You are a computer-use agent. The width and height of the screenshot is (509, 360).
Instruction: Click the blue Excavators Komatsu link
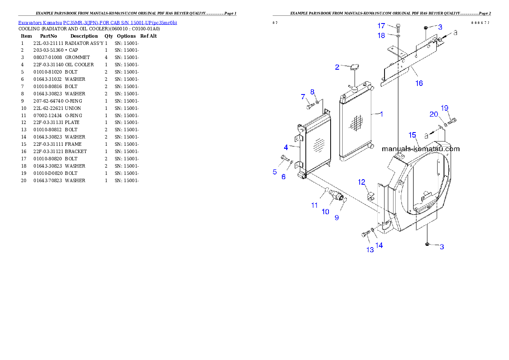[x=98, y=22]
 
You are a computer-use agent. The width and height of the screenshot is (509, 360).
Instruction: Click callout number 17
[x=381, y=26]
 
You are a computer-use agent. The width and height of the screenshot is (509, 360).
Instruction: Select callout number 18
[x=381, y=35]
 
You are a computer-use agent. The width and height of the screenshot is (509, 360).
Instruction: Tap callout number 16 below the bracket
[x=419, y=83]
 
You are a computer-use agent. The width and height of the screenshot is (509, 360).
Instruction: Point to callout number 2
[x=337, y=67]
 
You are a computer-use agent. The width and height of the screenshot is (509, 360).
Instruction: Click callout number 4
[x=286, y=147]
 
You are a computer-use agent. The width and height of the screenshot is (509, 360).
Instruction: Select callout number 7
[x=302, y=97]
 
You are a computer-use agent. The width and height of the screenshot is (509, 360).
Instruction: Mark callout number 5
[x=275, y=172]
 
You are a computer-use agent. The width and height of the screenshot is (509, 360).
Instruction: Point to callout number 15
[x=412, y=135]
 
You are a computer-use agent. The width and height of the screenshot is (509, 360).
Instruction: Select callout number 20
[x=434, y=114]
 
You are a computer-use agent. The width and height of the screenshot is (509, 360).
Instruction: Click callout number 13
[x=370, y=250]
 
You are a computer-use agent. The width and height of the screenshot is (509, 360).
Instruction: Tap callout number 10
[x=326, y=211]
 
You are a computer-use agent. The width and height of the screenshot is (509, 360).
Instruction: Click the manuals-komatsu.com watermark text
[x=420, y=149]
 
